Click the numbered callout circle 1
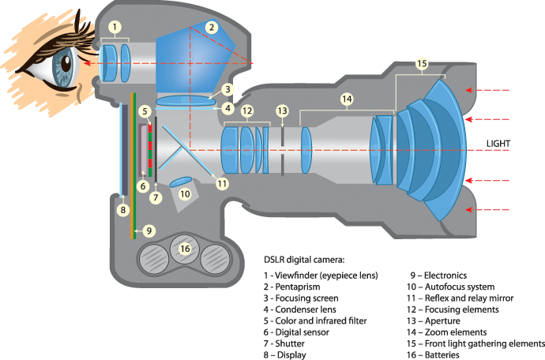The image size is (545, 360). (x=115, y=27)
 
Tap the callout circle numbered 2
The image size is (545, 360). (x=211, y=27)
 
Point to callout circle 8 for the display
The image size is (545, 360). (x=122, y=210)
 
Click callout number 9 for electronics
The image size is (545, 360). (x=149, y=231)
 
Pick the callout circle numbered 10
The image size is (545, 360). (x=184, y=193)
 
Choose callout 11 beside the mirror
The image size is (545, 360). (x=222, y=183)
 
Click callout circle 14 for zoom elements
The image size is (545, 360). (x=346, y=99)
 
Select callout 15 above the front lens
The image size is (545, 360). (x=421, y=63)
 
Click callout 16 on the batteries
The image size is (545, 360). (x=184, y=249)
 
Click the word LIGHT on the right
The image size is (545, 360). (x=498, y=144)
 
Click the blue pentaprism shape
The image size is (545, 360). (x=194, y=59)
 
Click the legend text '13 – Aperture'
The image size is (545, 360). (x=437, y=321)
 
